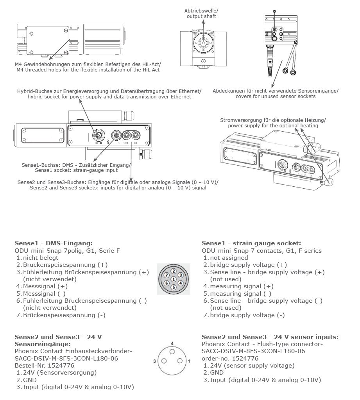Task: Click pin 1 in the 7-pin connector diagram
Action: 174,279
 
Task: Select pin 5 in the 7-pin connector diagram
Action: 174,287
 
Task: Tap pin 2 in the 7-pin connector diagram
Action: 174,271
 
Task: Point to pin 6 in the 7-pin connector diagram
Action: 167,283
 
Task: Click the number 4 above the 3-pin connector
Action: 172,343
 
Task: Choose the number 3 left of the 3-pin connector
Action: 155,361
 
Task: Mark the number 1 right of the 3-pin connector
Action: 189,361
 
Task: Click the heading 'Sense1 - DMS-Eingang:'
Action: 54,243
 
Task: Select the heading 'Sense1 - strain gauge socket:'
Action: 251,243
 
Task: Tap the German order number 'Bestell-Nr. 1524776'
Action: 45,366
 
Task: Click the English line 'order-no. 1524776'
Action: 230,359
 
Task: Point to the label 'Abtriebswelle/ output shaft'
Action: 201,14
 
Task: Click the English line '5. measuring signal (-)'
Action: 237,294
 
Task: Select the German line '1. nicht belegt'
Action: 37,258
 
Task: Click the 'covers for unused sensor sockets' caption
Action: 276,96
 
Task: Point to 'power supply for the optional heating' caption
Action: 273,125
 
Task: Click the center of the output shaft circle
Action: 204,42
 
